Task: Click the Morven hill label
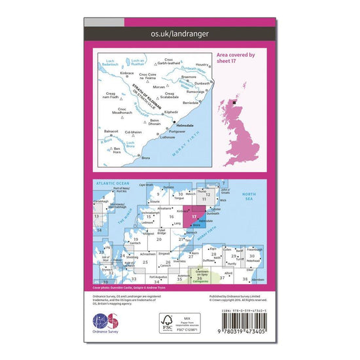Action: point(160,87)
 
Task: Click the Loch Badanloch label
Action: point(109,64)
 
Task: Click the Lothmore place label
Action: point(168,137)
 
